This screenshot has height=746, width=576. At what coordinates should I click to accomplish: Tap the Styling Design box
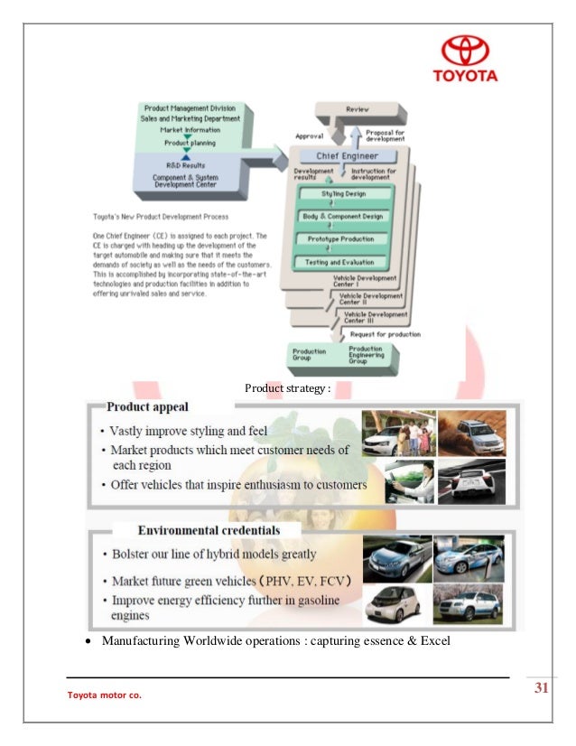tap(342, 194)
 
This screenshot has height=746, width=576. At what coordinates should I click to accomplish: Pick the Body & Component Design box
tap(342, 217)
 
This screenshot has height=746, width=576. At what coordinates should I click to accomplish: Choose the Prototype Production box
tap(342, 239)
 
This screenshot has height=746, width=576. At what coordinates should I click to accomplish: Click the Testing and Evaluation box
tap(342, 262)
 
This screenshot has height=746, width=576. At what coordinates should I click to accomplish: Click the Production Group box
tap(309, 355)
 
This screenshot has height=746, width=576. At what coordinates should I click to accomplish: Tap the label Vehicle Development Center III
tap(371, 317)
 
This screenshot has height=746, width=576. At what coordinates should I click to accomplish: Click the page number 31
tap(542, 689)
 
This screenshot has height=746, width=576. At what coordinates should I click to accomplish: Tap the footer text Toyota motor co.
tap(105, 695)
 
